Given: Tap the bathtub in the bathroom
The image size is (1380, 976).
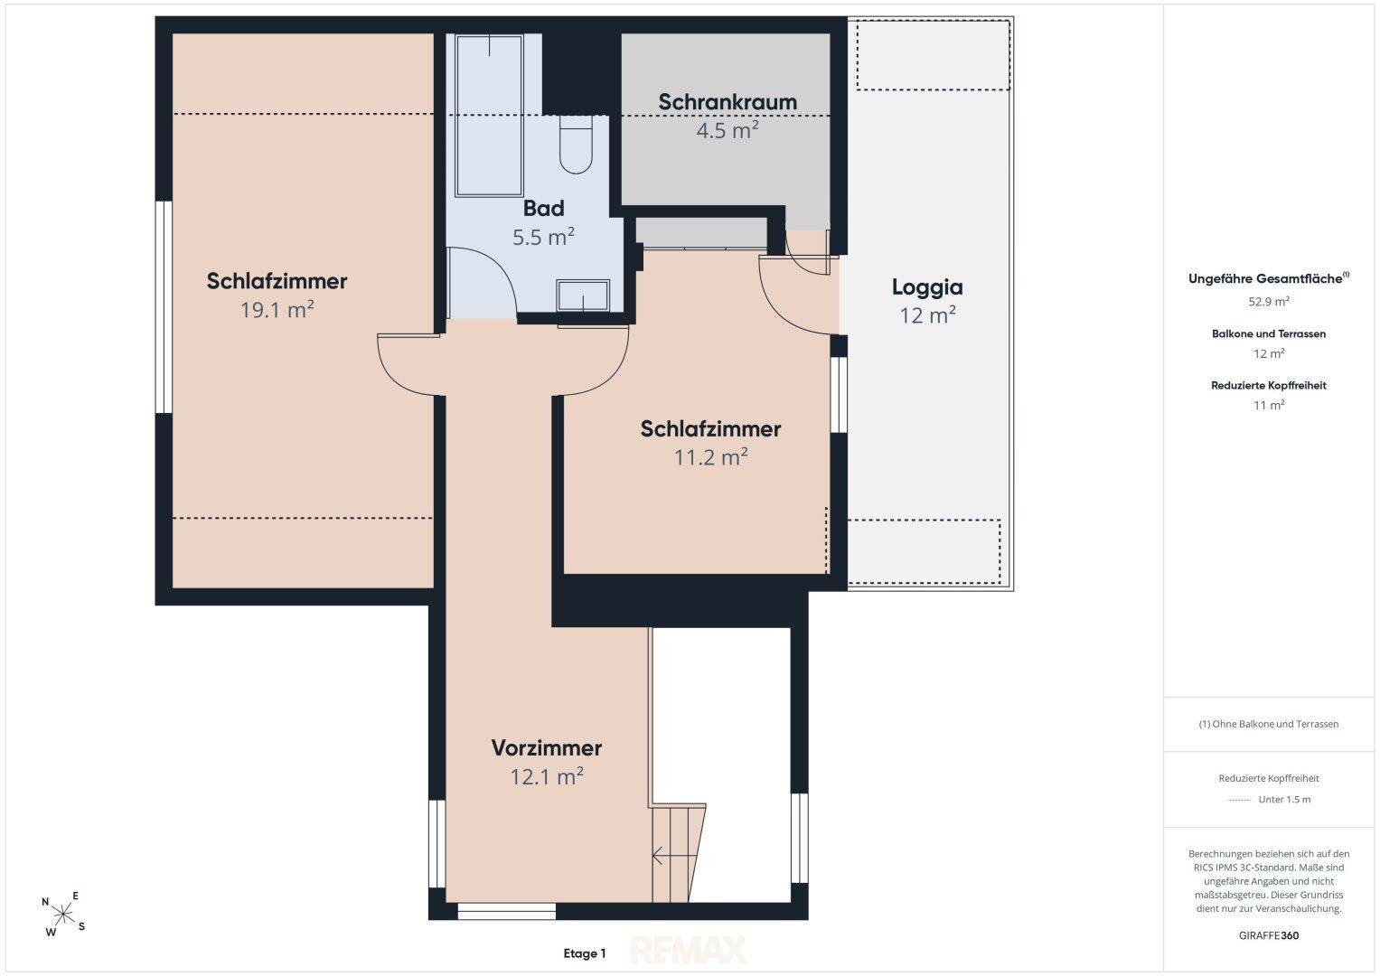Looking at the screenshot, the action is tap(489, 116).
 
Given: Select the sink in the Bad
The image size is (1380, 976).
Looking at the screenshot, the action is tap(583, 296).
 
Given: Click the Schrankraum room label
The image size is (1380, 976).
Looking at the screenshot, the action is tap(728, 101).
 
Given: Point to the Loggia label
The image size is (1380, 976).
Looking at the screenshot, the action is tap(927, 287).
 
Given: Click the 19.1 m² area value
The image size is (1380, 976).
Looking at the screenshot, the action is tap(277, 309).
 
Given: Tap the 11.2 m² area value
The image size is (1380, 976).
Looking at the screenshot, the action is tap(711, 456).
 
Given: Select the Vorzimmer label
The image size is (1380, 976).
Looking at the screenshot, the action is tap(547, 748).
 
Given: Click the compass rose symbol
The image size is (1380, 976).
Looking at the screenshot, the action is tap(63, 914).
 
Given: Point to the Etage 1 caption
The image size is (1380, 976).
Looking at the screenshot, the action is tap(585, 953).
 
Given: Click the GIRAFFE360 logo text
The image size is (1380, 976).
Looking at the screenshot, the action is tap(1269, 935).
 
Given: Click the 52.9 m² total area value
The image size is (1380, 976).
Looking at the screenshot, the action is tap(1269, 301).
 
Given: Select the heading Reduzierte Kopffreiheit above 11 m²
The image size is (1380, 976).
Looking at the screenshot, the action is tap(1269, 386).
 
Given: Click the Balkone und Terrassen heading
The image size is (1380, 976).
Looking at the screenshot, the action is tap(1269, 334).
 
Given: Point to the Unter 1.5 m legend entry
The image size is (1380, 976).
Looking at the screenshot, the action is tap(1284, 800).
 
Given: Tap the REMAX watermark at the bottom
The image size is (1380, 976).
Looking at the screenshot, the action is tap(689, 950).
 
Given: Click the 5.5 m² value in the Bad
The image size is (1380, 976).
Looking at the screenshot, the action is tap(543, 237).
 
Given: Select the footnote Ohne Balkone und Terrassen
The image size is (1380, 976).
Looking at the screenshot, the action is tap(1269, 724).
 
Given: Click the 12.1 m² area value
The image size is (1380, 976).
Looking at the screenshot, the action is tap(547, 776).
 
